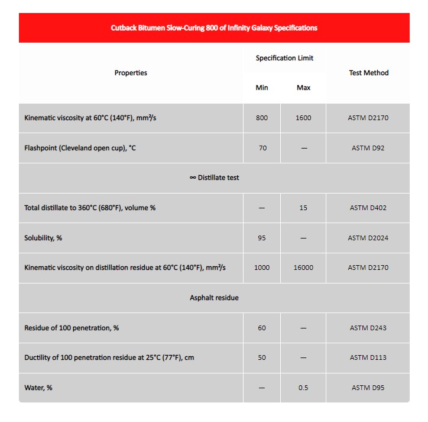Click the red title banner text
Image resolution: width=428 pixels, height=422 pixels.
pyautogui.click(x=214, y=28)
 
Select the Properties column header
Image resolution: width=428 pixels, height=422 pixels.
pyautogui.click(x=131, y=73)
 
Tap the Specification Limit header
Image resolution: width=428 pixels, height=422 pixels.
pyautogui.click(x=284, y=58)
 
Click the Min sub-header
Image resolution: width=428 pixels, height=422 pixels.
pyautogui.click(x=262, y=88)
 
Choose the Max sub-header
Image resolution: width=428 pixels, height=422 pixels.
pyautogui.click(x=303, y=88)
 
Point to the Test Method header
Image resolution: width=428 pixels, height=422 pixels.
pyautogui.click(x=368, y=73)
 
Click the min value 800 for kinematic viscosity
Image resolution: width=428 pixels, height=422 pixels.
pyautogui.click(x=262, y=118)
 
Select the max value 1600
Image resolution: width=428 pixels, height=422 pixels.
pyautogui.click(x=303, y=118)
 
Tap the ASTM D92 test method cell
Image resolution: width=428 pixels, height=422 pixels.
pyautogui.click(x=368, y=148)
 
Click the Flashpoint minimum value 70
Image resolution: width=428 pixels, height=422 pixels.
pyautogui.click(x=262, y=148)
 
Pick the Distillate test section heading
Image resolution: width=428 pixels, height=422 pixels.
pyautogui.click(x=214, y=178)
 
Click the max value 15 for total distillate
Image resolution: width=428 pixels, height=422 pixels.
pyautogui.click(x=303, y=208)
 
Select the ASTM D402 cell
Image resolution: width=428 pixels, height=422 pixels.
pyautogui.click(x=368, y=208)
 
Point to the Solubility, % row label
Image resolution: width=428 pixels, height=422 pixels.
pyautogui.click(x=43, y=238)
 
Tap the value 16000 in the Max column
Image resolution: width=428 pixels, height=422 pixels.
pyautogui.click(x=303, y=268)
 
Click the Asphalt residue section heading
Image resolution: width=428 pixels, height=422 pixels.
pyautogui.click(x=214, y=298)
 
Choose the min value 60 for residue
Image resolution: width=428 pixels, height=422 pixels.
pyautogui.click(x=262, y=328)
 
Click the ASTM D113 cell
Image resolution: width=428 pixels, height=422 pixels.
pyautogui.click(x=368, y=357)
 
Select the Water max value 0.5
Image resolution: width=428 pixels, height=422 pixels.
pyautogui.click(x=303, y=388)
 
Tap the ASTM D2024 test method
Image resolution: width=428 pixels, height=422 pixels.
pyautogui.click(x=368, y=238)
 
